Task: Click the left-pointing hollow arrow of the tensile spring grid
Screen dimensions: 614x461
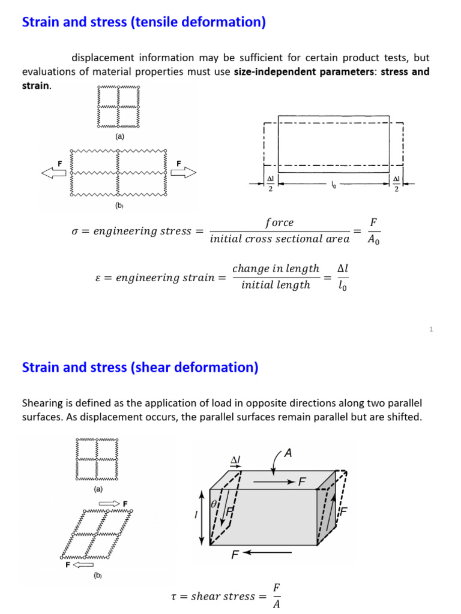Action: point(53,173)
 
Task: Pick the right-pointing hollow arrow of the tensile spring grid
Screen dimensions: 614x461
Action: point(183,173)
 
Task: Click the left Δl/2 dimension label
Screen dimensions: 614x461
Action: point(270,183)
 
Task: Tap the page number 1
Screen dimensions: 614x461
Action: point(431,329)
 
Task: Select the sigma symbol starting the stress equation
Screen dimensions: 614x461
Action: point(75,231)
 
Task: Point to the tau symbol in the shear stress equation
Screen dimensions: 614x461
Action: point(174,596)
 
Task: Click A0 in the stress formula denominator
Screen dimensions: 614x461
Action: point(373,239)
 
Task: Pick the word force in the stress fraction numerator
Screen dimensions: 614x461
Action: point(279,222)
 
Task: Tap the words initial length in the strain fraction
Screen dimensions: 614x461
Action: point(276,285)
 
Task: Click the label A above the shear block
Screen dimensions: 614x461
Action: point(288,454)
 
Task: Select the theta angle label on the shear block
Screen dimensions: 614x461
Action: point(214,505)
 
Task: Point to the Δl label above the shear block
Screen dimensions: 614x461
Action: point(235,460)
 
